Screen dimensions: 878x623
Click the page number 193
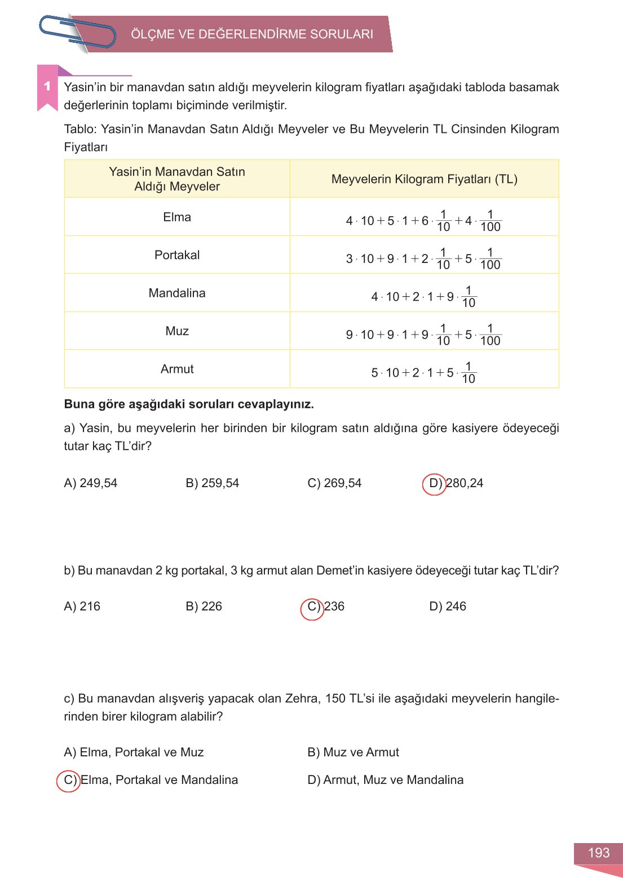pos(598,853)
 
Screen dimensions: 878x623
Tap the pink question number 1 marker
pos(47,86)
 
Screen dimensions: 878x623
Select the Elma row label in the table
pos(177,217)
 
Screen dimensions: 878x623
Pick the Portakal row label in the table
pos(177,255)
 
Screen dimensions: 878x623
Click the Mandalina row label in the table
pos(177,293)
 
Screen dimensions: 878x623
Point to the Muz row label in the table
pos(177,331)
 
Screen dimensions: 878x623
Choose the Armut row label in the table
pos(177,369)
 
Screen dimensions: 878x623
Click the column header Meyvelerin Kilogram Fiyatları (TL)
pos(424,179)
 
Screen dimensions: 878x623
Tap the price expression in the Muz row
pos(423,335)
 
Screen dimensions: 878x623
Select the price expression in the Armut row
pos(423,372)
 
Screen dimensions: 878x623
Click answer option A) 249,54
pos(91,483)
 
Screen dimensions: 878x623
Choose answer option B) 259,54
pos(213,483)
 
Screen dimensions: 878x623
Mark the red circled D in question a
pos(435,484)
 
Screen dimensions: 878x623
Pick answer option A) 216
pos(82,607)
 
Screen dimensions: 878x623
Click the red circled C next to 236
pos(312,608)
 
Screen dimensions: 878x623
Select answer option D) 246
pos(448,607)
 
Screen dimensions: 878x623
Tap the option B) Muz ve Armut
pos(354,752)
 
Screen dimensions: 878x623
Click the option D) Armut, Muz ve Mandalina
pos(386,780)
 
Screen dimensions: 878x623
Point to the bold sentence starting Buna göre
pos(189,404)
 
